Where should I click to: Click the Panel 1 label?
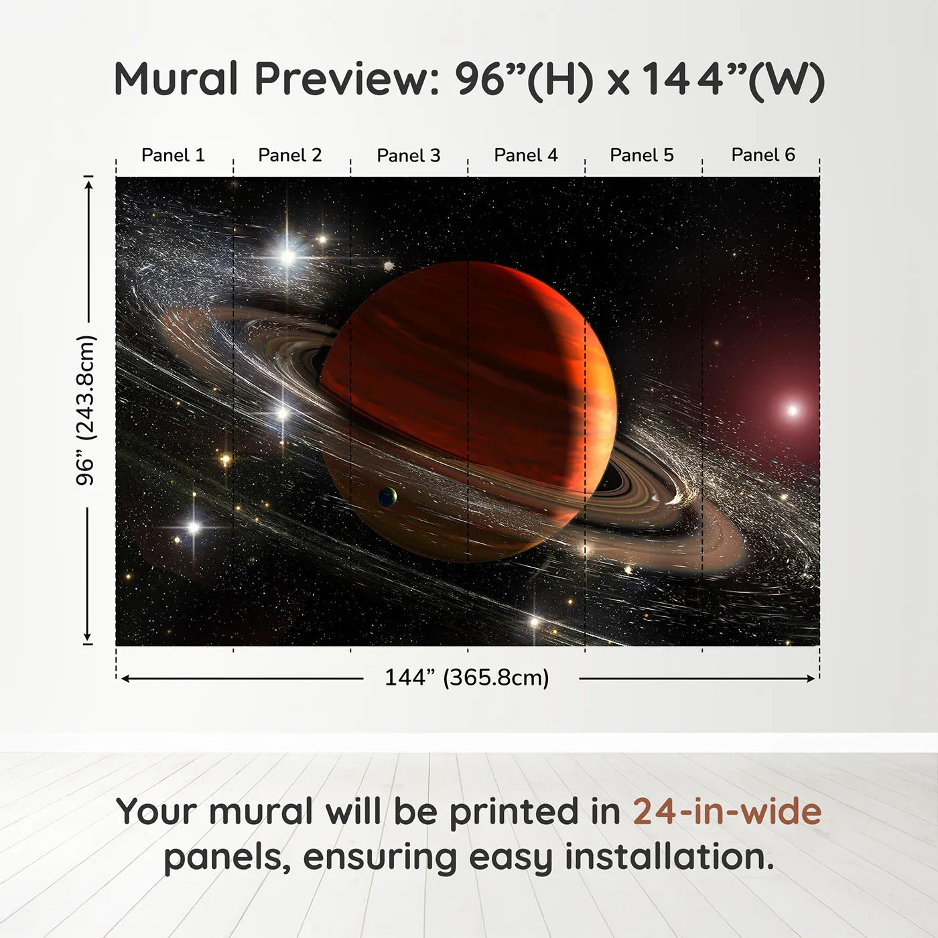click(x=173, y=155)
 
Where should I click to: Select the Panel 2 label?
click(x=290, y=155)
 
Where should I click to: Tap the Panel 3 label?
click(x=409, y=155)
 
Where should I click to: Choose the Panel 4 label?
click(x=526, y=155)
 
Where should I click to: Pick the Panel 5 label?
click(x=642, y=155)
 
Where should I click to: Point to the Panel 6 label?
click(x=763, y=155)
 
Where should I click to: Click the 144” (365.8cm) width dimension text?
click(x=467, y=678)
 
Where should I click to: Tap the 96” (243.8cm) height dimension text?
click(x=86, y=410)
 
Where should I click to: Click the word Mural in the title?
click(x=176, y=80)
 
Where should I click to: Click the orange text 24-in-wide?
click(x=727, y=812)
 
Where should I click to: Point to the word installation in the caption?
click(x=669, y=857)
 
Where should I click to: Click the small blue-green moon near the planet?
click(x=387, y=496)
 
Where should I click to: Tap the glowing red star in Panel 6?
click(x=792, y=410)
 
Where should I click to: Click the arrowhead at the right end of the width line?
click(x=811, y=679)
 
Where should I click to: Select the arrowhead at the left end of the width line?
click(x=125, y=679)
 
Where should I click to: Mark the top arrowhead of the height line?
click(x=88, y=182)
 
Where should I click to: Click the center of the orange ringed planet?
click(x=469, y=411)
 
